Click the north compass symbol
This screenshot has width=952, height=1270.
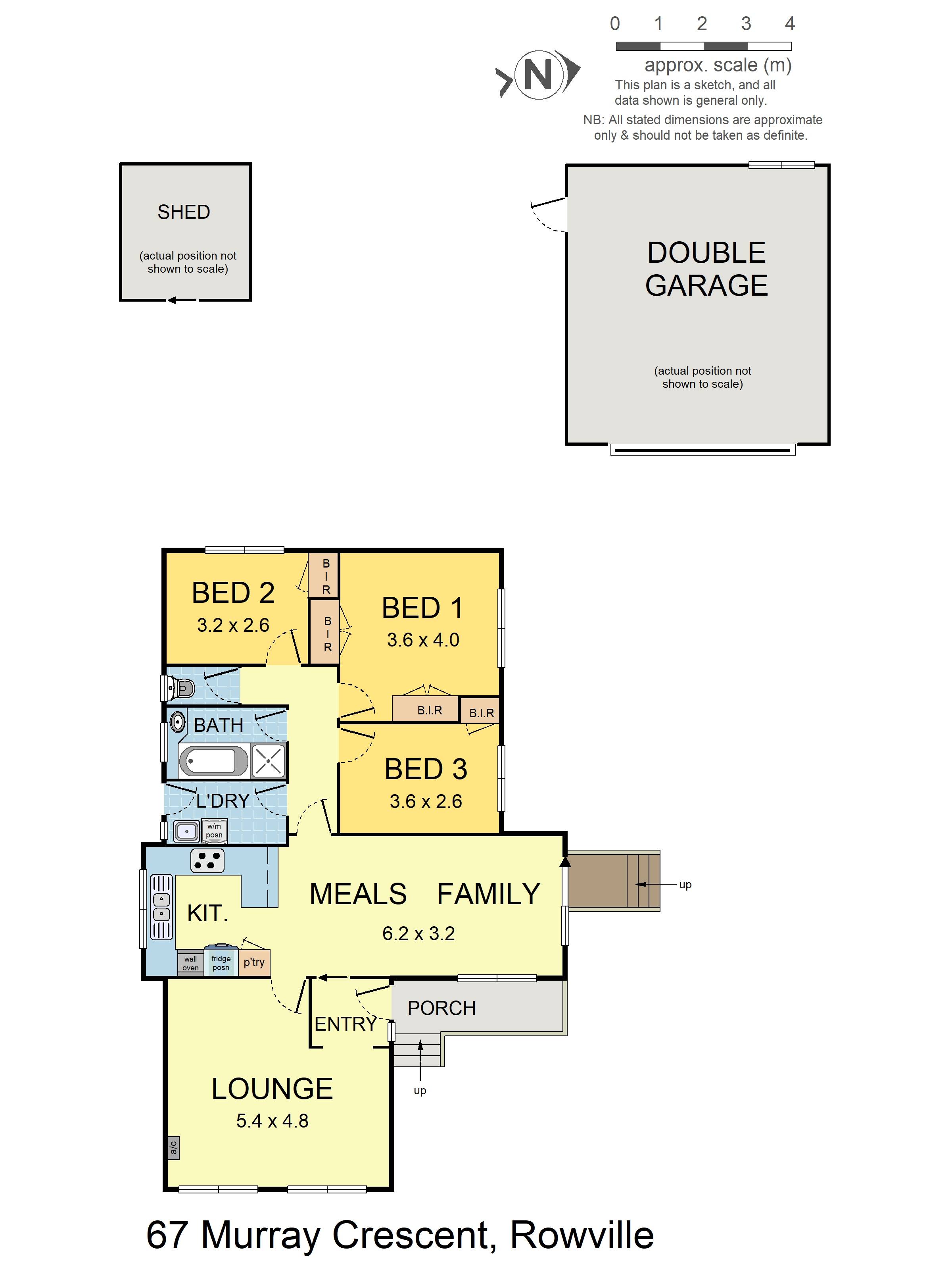tap(538, 75)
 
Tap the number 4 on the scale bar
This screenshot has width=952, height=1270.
tap(790, 23)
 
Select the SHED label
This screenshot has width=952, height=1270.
tap(184, 212)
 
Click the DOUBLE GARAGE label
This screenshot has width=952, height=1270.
tap(706, 269)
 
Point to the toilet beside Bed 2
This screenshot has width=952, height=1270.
tap(178, 687)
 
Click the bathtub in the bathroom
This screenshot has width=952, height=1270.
tap(213, 761)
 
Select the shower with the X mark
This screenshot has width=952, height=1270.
tap(268, 761)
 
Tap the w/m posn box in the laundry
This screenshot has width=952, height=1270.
tap(214, 831)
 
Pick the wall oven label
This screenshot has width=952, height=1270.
tap(190, 963)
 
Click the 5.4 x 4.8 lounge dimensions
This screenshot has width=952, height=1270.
tap(273, 1120)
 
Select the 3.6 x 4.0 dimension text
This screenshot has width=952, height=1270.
tap(423, 640)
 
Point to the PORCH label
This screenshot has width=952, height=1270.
tap(441, 1008)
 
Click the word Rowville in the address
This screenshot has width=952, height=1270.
tap(582, 1235)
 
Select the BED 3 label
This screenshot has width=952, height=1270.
tap(426, 769)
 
